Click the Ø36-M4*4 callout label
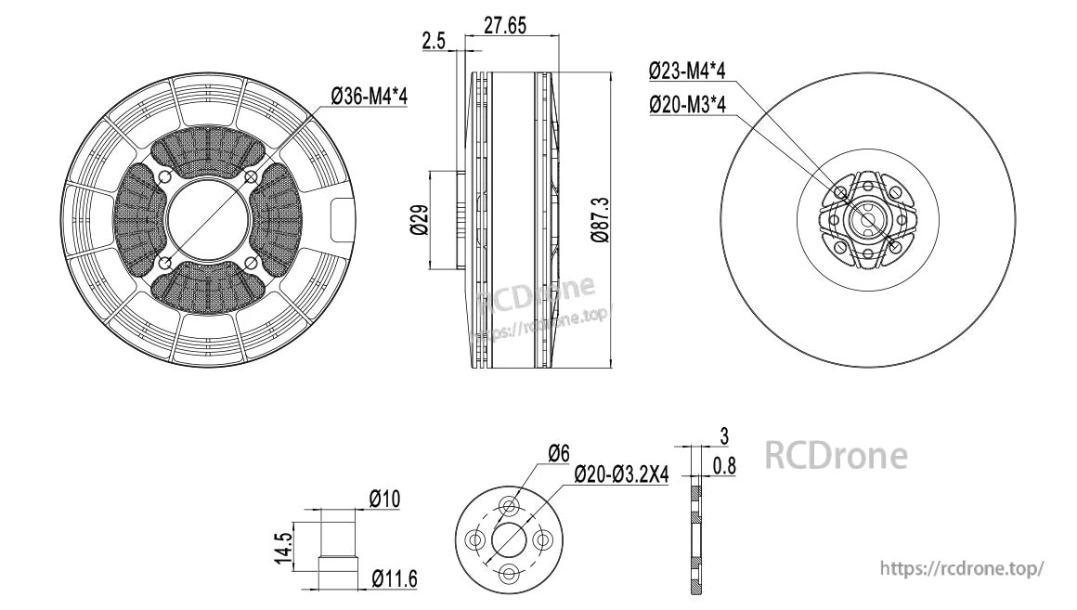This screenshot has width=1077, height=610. pos(370,96)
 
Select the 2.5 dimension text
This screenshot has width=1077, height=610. pos(434,41)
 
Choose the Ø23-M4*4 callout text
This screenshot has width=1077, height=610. pos(686,71)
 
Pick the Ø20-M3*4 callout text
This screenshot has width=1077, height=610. pos(686,105)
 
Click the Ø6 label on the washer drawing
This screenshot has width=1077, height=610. pos(558,453)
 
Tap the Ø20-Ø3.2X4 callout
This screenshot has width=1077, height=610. pos(621,475)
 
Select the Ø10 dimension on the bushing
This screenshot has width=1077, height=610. pos(383,500)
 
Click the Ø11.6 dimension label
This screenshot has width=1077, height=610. pos(394,580)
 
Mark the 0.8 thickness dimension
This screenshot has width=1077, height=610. pos(725,466)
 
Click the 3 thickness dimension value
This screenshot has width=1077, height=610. pos(724,435)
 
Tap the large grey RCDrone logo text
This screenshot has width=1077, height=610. pos(836,456)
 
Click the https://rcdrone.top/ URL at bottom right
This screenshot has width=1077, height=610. pos(962,567)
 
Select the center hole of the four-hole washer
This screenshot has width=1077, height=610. pos(509,539)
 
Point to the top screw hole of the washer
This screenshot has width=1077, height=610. pos(509,506)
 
